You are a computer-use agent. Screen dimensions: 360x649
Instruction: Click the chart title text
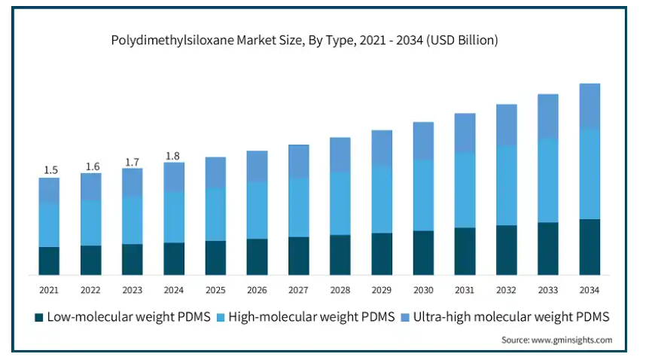click(304, 41)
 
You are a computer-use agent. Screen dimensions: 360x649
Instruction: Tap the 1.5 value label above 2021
click(50, 169)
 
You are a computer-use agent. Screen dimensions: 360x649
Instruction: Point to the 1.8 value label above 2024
click(173, 156)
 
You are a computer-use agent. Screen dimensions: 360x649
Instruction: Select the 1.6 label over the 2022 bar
click(92, 166)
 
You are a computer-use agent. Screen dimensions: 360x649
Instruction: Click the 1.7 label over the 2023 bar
click(132, 161)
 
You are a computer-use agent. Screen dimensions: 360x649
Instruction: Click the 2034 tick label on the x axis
click(590, 289)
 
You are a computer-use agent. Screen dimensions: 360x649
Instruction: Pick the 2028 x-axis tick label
click(340, 289)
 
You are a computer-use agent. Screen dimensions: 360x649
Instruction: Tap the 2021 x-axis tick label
click(50, 289)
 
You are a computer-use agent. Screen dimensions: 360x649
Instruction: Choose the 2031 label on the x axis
click(465, 289)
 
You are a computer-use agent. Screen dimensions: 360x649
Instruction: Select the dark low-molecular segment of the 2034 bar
click(590, 247)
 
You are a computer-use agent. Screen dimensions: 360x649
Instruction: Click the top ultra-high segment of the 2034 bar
click(590, 106)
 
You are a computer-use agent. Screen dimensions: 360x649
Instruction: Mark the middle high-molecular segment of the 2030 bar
click(424, 195)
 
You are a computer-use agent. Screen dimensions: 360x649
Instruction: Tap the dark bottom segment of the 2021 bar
click(50, 261)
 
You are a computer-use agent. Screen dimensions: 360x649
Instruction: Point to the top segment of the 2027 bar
click(299, 161)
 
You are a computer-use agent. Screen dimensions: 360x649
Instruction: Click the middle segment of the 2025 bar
click(216, 214)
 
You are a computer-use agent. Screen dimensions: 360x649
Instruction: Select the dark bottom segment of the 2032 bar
click(507, 250)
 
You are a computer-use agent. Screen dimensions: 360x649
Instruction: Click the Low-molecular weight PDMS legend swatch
click(39, 317)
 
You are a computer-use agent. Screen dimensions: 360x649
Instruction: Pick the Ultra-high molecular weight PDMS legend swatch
click(407, 317)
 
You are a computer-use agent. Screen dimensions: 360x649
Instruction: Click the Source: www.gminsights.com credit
click(556, 340)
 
